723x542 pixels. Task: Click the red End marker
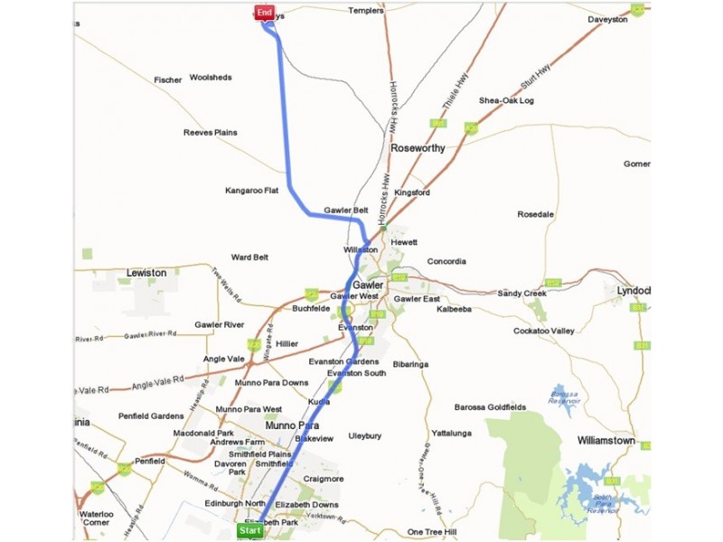[264, 12]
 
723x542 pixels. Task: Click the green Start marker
[249, 530]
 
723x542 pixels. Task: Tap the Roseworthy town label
[418, 148]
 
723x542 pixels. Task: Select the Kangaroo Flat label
[252, 191]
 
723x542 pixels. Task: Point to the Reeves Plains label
[210, 133]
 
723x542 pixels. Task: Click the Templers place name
[366, 11]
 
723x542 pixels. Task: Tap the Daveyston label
[607, 19]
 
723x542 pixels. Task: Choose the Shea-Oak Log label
[506, 100]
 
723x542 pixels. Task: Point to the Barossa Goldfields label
[490, 407]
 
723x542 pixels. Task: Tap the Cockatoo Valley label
[544, 332]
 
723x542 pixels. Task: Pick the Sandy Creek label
[522, 294]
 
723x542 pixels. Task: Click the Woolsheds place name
[211, 78]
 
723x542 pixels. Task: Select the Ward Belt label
[249, 257]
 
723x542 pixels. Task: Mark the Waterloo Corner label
[95, 517]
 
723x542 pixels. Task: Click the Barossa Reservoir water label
[565, 395]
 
